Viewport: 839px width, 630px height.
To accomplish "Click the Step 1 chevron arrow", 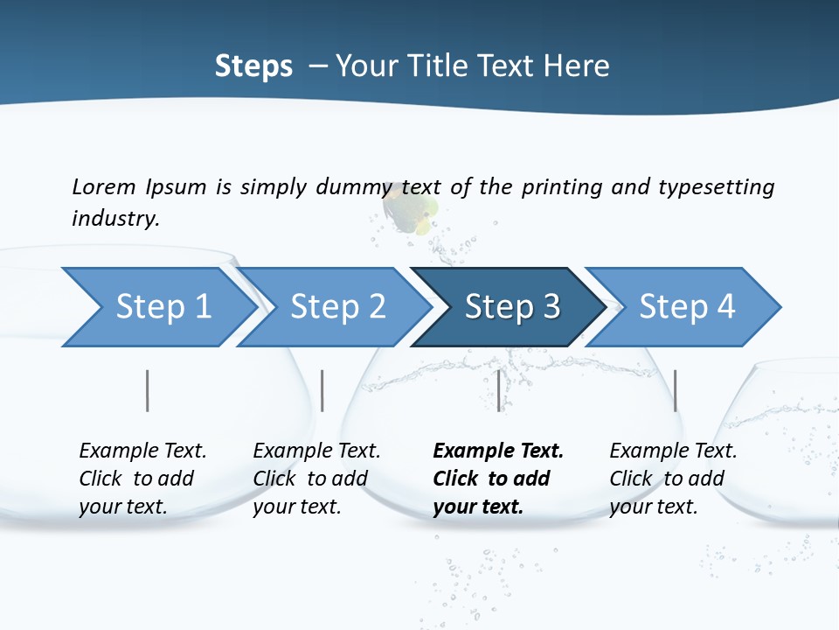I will (x=162, y=307).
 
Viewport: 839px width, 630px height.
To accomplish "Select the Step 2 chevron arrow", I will (x=336, y=307).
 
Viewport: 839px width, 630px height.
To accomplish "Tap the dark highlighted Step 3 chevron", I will (x=511, y=307).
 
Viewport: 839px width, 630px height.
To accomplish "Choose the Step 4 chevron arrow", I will (x=686, y=307).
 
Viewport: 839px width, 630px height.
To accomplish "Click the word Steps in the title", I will (x=253, y=66).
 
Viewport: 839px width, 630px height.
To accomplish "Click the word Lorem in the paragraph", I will (x=103, y=186).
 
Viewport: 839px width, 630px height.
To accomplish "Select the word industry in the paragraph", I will (x=115, y=218).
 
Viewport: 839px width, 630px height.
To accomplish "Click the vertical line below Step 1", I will (x=148, y=390).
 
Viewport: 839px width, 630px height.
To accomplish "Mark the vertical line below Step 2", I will (x=322, y=390).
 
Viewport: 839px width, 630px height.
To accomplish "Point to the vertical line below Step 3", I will (x=499, y=390).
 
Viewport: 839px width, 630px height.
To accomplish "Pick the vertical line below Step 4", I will (x=675, y=390).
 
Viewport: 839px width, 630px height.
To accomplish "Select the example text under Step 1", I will (x=142, y=478).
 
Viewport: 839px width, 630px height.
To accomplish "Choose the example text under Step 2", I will (x=316, y=478).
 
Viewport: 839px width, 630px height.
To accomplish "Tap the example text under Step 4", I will (x=673, y=478).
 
